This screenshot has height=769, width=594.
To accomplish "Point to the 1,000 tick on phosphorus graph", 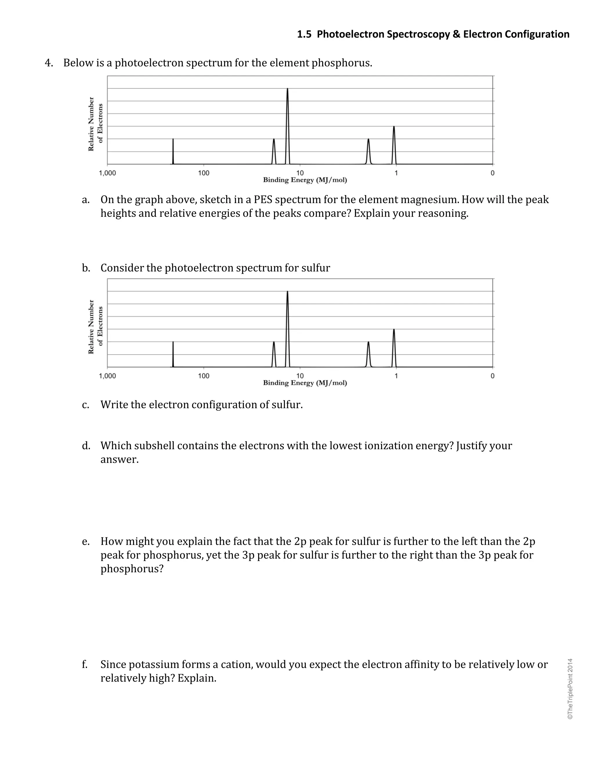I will click(x=107, y=173).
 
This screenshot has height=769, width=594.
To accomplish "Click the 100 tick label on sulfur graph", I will click(x=203, y=376).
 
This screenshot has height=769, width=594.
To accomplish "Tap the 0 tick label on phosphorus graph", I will click(x=492, y=173).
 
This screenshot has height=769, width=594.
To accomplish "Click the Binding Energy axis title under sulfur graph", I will click(x=305, y=383).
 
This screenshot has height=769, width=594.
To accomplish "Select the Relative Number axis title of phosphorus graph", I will click(x=91, y=124).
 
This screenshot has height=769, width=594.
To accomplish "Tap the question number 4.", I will click(x=48, y=63).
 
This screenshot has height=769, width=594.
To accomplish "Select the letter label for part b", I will click(x=86, y=268).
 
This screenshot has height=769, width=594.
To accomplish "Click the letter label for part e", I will click(x=86, y=541).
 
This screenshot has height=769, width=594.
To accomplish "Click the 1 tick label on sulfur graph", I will click(x=396, y=376).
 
